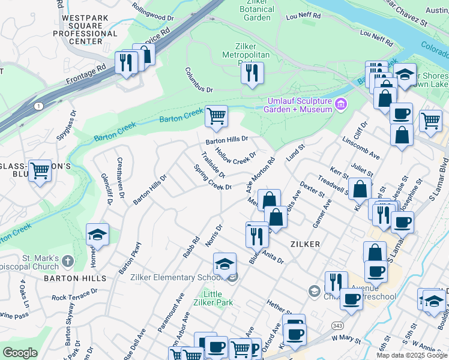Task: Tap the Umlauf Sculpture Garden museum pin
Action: click(x=341, y=105)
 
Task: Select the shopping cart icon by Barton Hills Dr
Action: click(x=216, y=115)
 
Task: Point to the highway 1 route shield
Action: click(x=38, y=106)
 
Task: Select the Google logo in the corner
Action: click(x=20, y=353)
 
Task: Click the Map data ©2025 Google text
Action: click(x=412, y=355)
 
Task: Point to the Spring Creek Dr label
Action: click(x=212, y=178)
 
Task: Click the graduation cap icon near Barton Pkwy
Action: click(x=97, y=233)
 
